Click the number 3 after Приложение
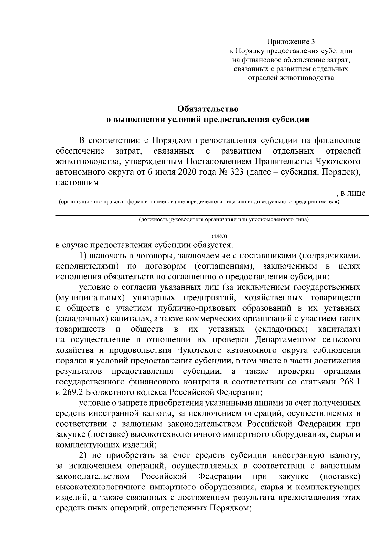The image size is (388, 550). pyautogui.click(x=312, y=42)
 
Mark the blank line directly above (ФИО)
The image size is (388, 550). pyautogui.click(x=212, y=232)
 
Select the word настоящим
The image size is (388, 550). pyautogui.click(x=77, y=182)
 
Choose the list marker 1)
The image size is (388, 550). pyautogui.click(x=84, y=256)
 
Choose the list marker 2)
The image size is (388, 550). pyautogui.click(x=84, y=455)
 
